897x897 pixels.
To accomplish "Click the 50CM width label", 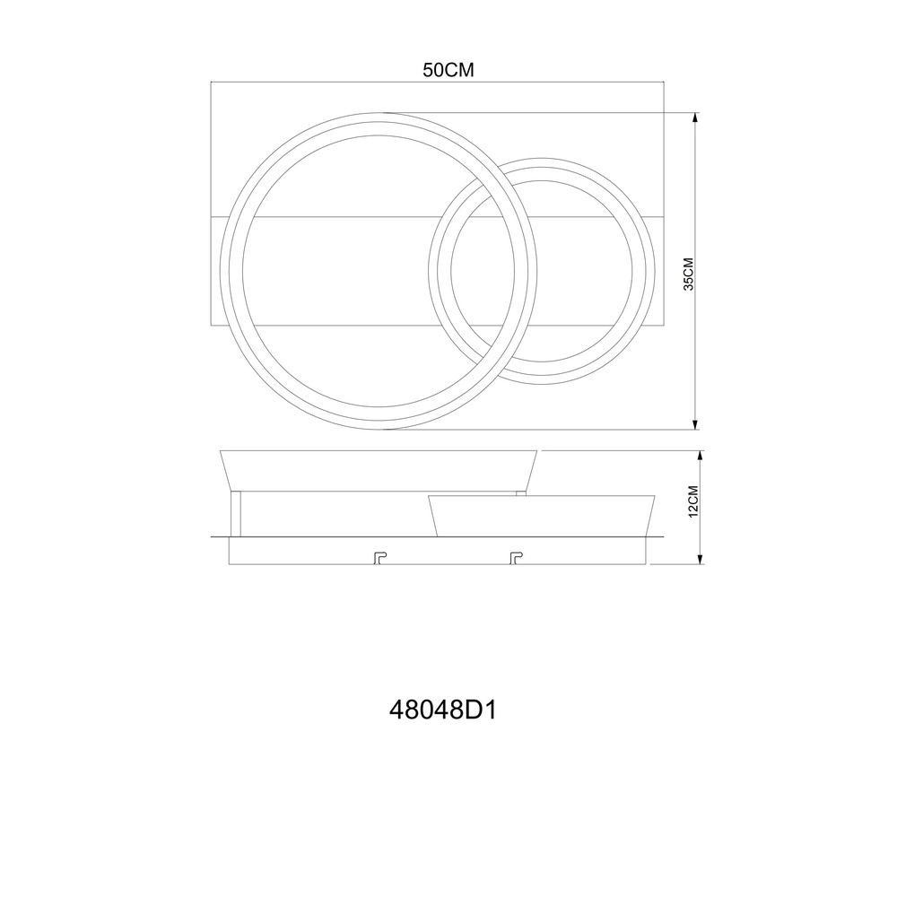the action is (x=448, y=70).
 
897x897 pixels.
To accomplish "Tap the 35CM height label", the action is (x=689, y=274).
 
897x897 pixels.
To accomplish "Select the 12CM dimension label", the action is (x=693, y=501).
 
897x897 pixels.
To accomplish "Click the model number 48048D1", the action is (x=443, y=710).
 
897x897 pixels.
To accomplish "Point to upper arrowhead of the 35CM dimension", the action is (x=695, y=118).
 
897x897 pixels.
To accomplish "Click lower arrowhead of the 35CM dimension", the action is (x=695, y=424).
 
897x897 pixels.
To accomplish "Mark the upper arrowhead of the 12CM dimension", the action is (x=701, y=456).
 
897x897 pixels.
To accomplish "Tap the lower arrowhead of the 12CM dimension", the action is (x=701, y=560).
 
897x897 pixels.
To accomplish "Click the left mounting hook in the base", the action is (x=379, y=558).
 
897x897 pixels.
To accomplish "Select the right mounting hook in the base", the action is (x=516, y=558).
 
